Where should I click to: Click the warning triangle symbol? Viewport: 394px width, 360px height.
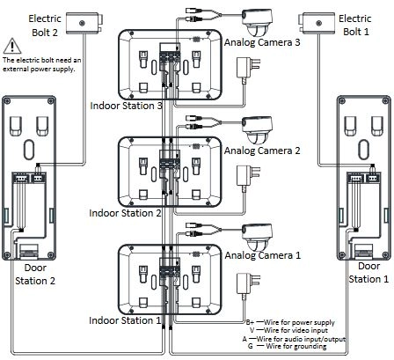point(12,46)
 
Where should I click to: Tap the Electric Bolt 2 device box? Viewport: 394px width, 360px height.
point(84,23)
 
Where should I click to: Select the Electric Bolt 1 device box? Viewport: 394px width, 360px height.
point(317,23)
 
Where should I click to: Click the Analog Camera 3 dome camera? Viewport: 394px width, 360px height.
point(257,23)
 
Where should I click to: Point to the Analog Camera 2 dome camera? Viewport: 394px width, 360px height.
point(257,130)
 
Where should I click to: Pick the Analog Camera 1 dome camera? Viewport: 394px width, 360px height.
point(257,238)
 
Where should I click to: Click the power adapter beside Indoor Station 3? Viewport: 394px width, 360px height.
point(248,70)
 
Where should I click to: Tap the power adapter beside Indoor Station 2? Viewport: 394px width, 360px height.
point(248,178)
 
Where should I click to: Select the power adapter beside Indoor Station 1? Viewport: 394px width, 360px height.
point(248,285)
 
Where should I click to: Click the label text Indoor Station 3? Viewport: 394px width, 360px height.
point(126,106)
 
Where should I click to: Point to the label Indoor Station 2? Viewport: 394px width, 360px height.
point(125,213)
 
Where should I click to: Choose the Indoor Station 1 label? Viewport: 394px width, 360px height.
point(125,320)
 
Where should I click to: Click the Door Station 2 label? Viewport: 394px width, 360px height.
point(35,274)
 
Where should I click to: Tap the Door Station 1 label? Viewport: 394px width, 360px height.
point(368,273)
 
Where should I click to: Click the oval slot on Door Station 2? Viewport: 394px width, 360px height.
point(29,150)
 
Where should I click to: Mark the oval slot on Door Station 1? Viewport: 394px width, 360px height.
point(364,150)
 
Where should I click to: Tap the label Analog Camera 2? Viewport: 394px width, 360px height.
point(262,151)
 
